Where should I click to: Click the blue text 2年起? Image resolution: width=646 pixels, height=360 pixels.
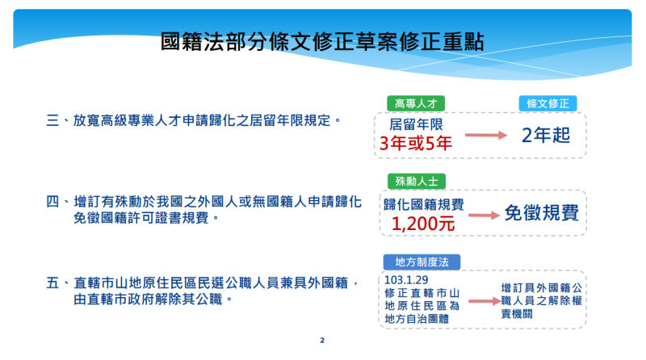click(546, 134)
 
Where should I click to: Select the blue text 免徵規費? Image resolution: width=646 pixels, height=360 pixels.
click(541, 213)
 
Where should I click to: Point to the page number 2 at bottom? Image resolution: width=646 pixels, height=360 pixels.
click(322, 341)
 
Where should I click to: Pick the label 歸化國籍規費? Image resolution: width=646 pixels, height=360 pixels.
click(424, 204)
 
